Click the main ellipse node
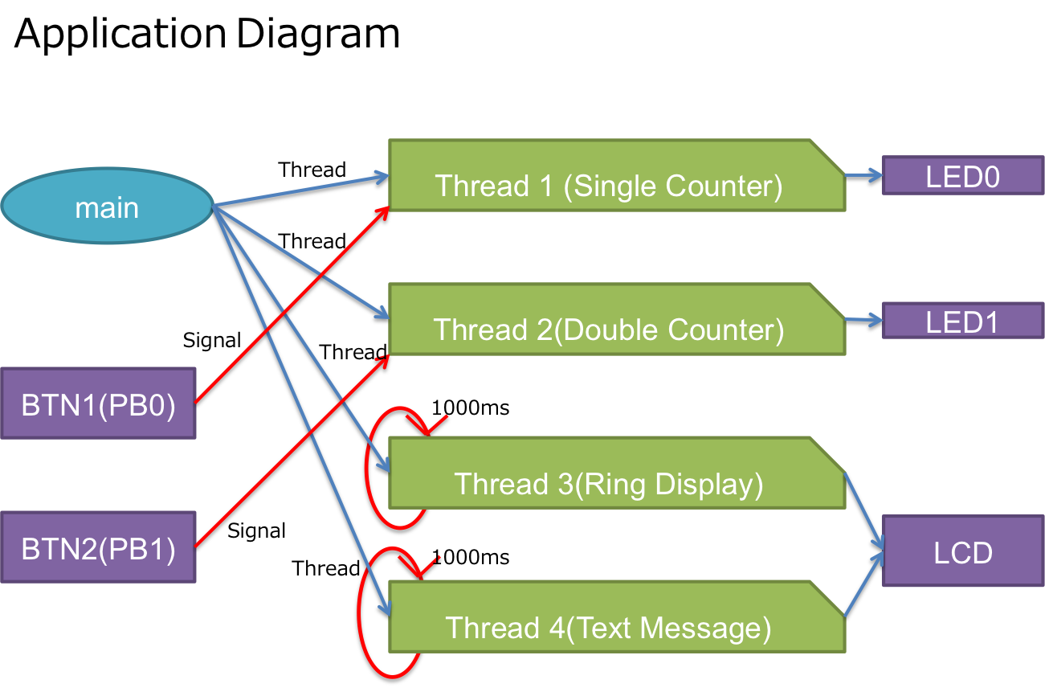pos(107,207)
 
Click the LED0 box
pos(962,176)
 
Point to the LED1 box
pos(962,321)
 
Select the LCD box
pos(962,551)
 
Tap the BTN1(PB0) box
pos(98,403)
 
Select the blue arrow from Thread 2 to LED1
pos(863,321)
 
